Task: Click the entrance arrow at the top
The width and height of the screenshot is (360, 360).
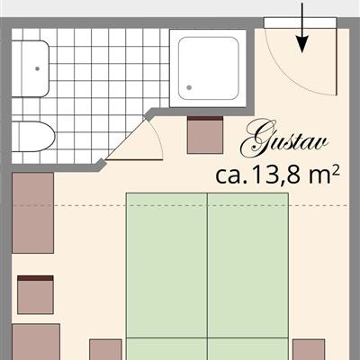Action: pos(302,27)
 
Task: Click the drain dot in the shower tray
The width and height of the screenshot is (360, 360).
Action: pos(190,86)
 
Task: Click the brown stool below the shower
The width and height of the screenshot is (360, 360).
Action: pos(204,135)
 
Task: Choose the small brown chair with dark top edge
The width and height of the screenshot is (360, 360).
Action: pos(35,294)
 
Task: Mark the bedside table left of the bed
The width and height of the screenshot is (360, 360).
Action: pos(106,350)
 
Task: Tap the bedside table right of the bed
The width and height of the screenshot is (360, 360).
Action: pos(309,350)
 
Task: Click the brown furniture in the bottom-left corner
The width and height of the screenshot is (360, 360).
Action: pos(36,342)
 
